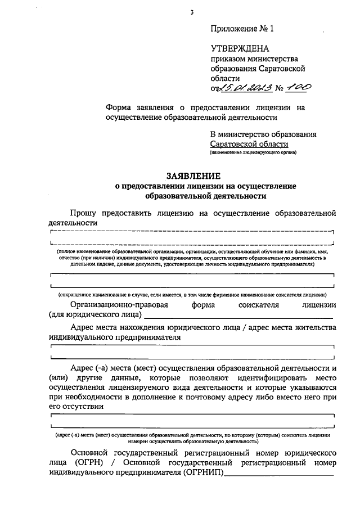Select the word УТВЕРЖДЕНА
[x=240, y=49]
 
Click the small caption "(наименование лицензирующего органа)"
[x=253, y=153]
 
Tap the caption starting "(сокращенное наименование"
[x=192, y=294]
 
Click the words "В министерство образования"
[x=263, y=134]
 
